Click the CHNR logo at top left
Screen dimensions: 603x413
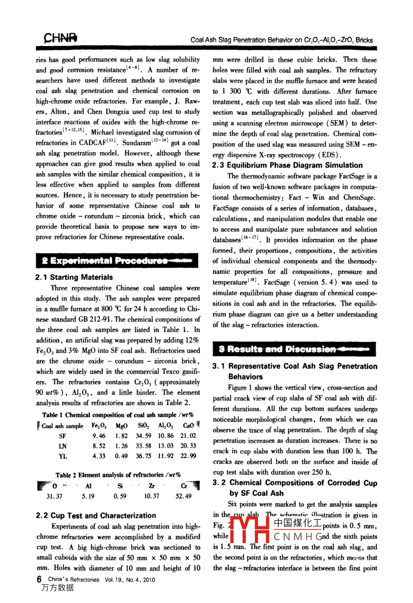60,39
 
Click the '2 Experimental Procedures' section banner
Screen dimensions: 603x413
116,261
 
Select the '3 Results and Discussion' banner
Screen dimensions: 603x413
294,349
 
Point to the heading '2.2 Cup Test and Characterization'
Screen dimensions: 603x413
96,516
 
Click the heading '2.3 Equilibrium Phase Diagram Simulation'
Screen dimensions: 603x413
287,165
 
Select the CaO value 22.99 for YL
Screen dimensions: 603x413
188,456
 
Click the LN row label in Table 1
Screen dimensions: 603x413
63,446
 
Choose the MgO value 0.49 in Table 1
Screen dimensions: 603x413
122,456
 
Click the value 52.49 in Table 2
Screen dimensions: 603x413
184,496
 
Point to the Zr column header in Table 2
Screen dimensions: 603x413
151,486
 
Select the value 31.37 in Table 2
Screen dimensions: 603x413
55,496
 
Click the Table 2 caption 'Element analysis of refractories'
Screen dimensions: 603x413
118,475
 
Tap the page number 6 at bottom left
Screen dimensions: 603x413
39,579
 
